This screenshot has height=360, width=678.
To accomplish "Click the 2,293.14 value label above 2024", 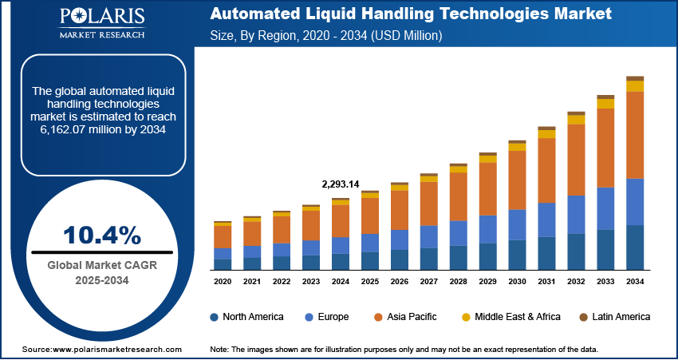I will (x=340, y=184).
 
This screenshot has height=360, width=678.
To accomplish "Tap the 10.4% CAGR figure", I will (x=101, y=235).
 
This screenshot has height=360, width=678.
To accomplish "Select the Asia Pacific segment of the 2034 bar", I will (x=635, y=135).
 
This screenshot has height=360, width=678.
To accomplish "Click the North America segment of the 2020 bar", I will (x=223, y=264).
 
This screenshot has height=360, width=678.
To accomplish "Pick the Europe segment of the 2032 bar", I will (x=577, y=214).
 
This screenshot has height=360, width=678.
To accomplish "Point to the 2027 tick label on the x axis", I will (x=428, y=282).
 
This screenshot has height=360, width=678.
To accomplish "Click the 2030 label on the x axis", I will (x=517, y=282).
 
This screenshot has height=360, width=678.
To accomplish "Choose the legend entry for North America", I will (x=246, y=317).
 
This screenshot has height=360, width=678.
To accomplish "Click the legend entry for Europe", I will (x=326, y=317).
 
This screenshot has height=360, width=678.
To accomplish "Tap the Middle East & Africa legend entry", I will (x=510, y=317).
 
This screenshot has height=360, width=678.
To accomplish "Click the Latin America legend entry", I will (x=613, y=317).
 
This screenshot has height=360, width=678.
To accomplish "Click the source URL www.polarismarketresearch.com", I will (x=117, y=350).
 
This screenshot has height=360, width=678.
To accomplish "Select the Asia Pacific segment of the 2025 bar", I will (x=369, y=216).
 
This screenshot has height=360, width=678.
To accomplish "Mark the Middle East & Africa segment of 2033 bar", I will (x=605, y=104).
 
